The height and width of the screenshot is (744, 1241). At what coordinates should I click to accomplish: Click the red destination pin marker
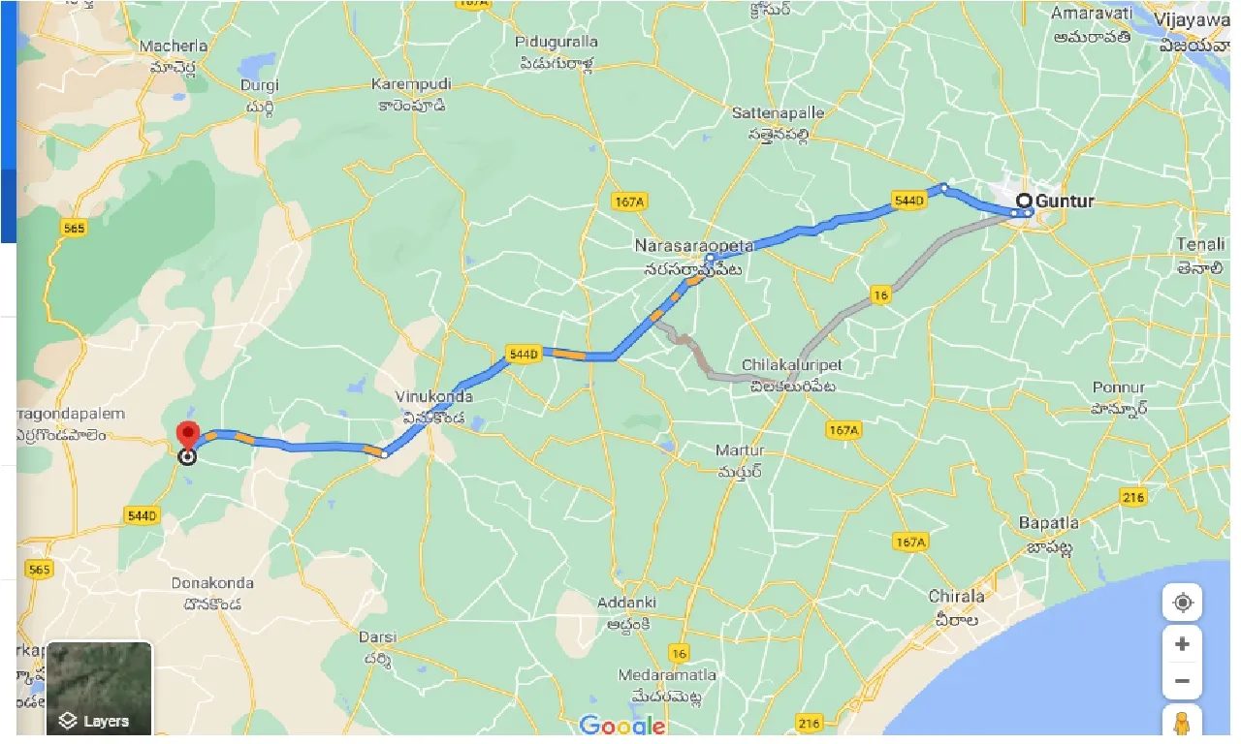[x=186, y=436]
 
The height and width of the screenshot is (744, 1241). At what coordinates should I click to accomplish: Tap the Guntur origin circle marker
[x=1024, y=201]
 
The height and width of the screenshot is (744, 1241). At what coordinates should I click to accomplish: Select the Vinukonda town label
[x=433, y=397]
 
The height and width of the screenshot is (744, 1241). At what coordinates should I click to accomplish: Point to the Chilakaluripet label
[x=791, y=365]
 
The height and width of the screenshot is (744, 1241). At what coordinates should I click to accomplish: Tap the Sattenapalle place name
[x=778, y=113]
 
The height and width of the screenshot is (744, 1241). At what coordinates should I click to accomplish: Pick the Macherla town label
[x=174, y=46]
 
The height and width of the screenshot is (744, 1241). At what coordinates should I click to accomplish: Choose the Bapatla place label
[x=1048, y=523]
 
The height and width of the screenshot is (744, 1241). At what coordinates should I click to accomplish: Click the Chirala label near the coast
[x=956, y=596]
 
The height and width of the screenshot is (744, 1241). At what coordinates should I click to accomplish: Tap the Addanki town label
[x=626, y=603]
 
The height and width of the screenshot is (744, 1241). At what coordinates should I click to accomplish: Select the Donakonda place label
[x=212, y=583]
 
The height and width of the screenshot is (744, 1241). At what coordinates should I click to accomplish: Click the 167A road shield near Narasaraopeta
[x=629, y=201]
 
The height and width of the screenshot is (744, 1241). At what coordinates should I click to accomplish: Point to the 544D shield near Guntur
[x=908, y=201]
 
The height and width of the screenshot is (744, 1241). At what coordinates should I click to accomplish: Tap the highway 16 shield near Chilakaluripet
[x=880, y=296]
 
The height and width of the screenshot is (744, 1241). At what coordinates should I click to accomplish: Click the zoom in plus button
[x=1182, y=644]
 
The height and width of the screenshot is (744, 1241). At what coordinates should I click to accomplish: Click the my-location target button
[x=1182, y=603]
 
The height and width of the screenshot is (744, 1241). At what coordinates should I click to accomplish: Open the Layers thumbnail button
[x=99, y=688]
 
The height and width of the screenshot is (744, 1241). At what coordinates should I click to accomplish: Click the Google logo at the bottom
[x=622, y=725]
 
